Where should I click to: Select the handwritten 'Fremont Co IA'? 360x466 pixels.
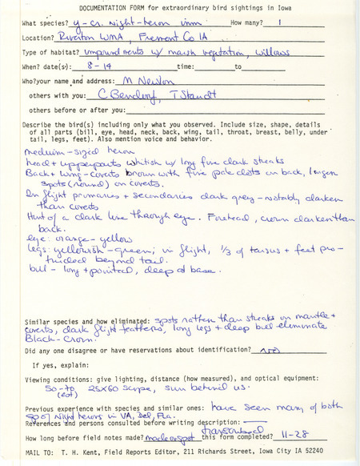coord(179,36)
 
